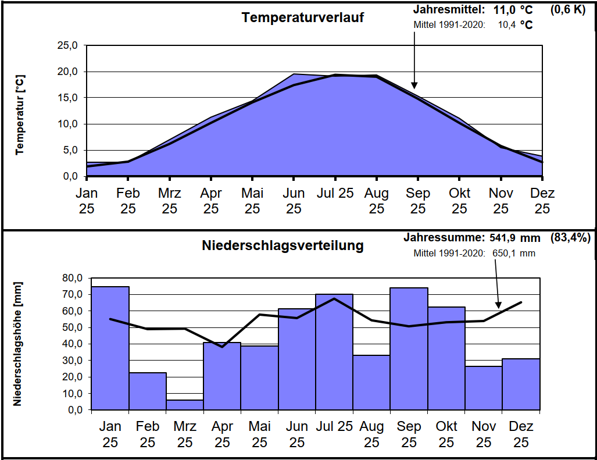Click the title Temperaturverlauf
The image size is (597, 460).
303,17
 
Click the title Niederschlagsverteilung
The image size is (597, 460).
283,245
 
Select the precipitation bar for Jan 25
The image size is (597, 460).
110,348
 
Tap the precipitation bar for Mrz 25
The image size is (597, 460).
185,405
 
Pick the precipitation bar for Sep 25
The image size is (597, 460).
409,348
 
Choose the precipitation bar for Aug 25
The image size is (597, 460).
371,382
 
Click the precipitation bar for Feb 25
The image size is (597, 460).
148,391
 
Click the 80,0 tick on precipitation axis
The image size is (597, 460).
72,278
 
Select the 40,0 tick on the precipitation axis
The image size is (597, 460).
72,344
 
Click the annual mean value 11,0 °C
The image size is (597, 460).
513,10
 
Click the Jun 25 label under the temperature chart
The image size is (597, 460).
294,201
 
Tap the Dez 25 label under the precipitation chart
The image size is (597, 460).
521,434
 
